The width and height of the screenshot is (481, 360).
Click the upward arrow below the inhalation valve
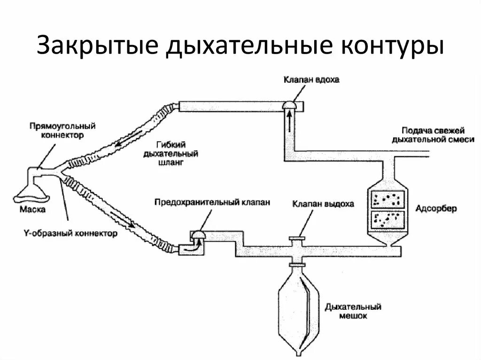[x=289, y=123]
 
